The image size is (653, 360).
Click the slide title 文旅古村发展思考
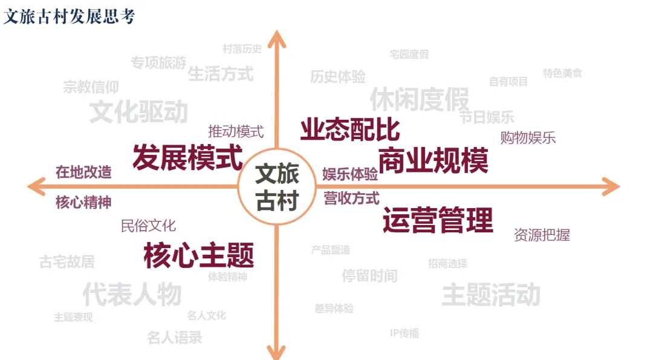tap(69, 16)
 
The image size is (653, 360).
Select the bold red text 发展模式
tap(187, 158)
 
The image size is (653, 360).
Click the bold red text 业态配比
tap(350, 129)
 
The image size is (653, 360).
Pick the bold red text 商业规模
tap(434, 160)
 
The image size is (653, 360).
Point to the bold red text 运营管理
tap(438, 220)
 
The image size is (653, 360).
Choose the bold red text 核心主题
tap(199, 255)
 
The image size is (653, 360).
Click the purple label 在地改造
tap(83, 172)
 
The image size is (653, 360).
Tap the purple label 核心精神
tap(83, 203)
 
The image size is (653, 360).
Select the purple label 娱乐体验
tap(350, 174)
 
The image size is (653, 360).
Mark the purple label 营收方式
tap(351, 198)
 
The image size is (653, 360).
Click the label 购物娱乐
tap(528, 137)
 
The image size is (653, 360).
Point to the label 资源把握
tap(542, 234)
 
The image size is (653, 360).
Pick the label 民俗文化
tap(148, 226)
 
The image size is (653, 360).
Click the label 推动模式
tap(236, 131)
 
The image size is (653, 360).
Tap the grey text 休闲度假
tap(420, 99)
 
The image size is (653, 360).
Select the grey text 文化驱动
tap(138, 112)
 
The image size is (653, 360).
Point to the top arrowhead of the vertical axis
tap(277, 38)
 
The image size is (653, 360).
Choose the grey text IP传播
tap(404, 333)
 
